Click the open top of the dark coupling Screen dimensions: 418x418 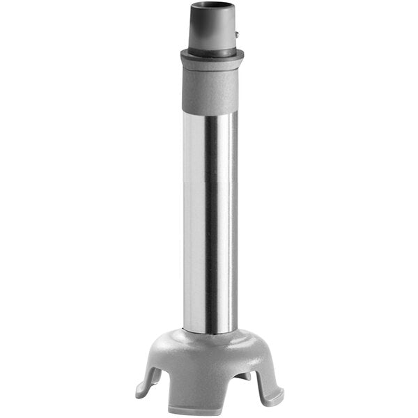pyautogui.click(x=212, y=7)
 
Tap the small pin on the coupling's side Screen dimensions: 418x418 pyautogui.click(x=238, y=33)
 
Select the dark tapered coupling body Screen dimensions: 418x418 pyautogui.click(x=212, y=28)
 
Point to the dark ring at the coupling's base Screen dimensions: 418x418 pyautogui.click(x=212, y=50)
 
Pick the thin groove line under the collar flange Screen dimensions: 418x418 pyautogui.click(x=212, y=65)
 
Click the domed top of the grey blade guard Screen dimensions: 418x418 pyautogui.click(x=209, y=345)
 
